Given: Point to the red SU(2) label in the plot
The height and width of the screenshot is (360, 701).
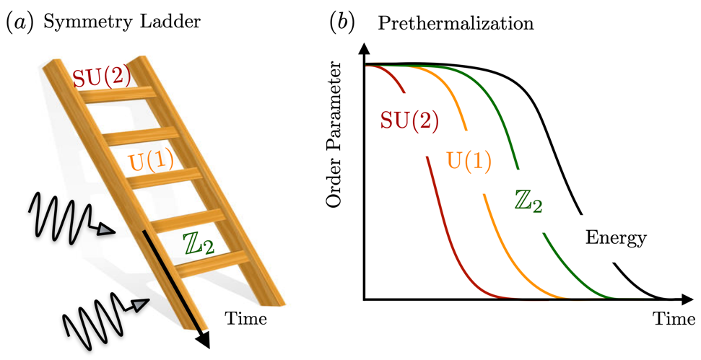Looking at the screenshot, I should pyautogui.click(x=409, y=121).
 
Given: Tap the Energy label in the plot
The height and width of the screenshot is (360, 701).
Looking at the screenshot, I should pyautogui.click(x=616, y=236).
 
